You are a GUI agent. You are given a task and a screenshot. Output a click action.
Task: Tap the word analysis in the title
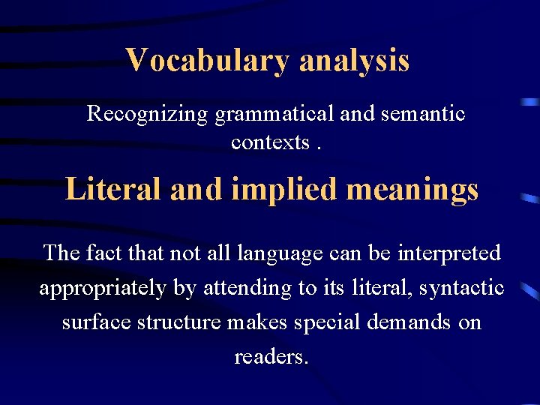(x=354, y=60)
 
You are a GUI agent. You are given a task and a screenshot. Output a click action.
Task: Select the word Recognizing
(x=147, y=114)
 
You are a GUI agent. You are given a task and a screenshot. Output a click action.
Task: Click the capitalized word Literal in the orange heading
(x=113, y=189)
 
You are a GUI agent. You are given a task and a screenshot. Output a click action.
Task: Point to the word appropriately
(x=103, y=288)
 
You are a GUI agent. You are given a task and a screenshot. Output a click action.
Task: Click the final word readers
(x=271, y=357)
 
